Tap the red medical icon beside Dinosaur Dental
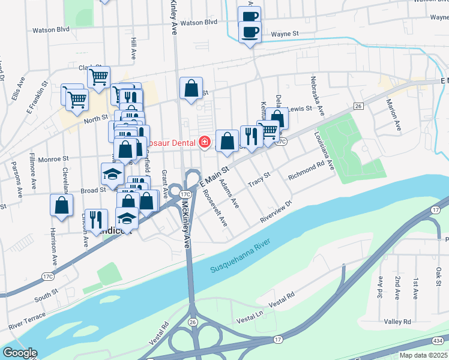point(205,142)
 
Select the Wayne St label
point(285,35)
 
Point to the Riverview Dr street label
point(276,212)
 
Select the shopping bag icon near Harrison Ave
point(62,205)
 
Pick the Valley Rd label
point(397,322)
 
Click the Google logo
point(19,353)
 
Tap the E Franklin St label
point(37,98)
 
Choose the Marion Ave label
point(393,115)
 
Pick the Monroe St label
point(50,159)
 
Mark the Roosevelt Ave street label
point(214,208)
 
